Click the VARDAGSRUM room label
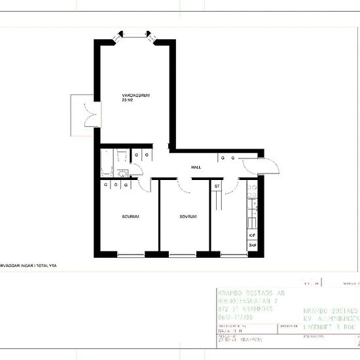pos(136,96)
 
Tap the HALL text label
pos(196,168)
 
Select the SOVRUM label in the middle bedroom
pos(189,217)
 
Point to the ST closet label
pos(217,187)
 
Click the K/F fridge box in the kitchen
pos(253,234)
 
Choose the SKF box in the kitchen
pos(253,245)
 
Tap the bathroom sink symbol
pos(124,172)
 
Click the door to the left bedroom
pos(147,185)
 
